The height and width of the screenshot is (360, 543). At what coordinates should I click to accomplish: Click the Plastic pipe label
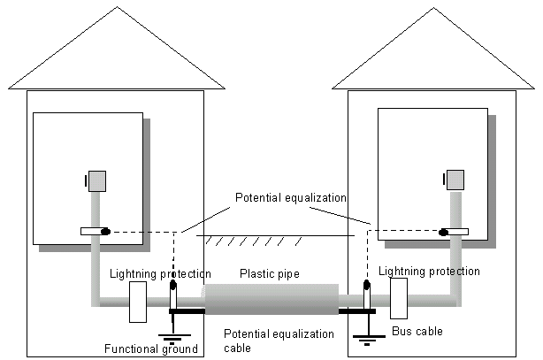pos(271,274)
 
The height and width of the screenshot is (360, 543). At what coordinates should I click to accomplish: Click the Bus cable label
pos(417,332)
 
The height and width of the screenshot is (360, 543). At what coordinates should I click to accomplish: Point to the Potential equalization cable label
pos(279,341)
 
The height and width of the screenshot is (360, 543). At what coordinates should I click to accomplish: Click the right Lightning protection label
pos(428,271)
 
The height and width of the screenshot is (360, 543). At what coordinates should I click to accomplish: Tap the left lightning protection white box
pos(138,301)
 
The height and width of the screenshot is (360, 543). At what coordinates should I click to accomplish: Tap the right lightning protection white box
pos(397,298)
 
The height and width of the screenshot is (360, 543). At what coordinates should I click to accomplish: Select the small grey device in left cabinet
pos(96,181)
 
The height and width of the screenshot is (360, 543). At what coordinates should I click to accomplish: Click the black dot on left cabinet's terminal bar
pos(105,232)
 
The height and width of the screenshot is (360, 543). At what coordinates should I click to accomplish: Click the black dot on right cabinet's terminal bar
pos(443,234)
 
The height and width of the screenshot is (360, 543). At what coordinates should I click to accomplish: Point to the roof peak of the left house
pos(115,9)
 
